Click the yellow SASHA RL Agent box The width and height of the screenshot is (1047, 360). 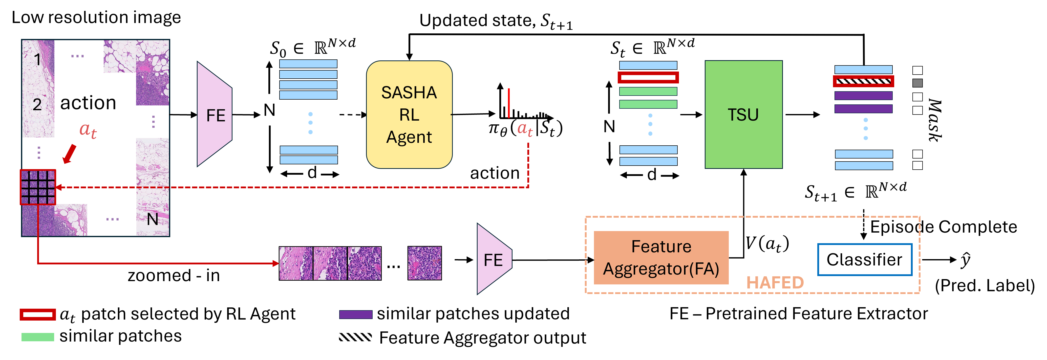point(409,115)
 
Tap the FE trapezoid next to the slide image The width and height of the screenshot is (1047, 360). point(215,115)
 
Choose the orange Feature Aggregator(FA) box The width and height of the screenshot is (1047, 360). point(661,258)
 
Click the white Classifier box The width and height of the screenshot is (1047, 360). point(865,260)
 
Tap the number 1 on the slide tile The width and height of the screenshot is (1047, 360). point(37,60)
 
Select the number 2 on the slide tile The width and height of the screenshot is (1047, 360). point(37,104)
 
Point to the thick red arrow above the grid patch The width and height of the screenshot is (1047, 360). point(70,154)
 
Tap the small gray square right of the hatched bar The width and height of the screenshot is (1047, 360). point(917,83)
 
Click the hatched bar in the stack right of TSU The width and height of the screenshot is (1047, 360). point(863,81)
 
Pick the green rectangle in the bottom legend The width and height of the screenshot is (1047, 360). point(37,337)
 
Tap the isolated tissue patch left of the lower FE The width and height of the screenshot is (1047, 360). point(424,263)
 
